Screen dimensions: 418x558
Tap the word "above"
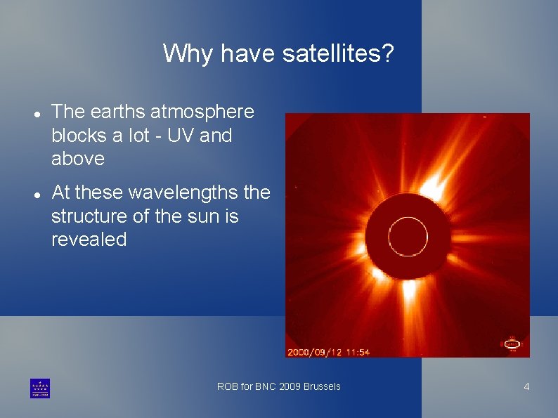tap(78, 159)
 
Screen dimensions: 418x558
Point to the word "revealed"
tap(89, 240)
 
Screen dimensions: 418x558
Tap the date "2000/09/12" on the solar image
tap(314, 351)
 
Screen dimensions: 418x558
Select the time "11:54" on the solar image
tap(357, 351)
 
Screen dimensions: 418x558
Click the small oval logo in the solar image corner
tap(512, 344)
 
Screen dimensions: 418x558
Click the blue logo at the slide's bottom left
tap(40, 388)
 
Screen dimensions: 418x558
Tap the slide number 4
tap(526, 387)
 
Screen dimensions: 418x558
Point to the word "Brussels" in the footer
tap(322, 386)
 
